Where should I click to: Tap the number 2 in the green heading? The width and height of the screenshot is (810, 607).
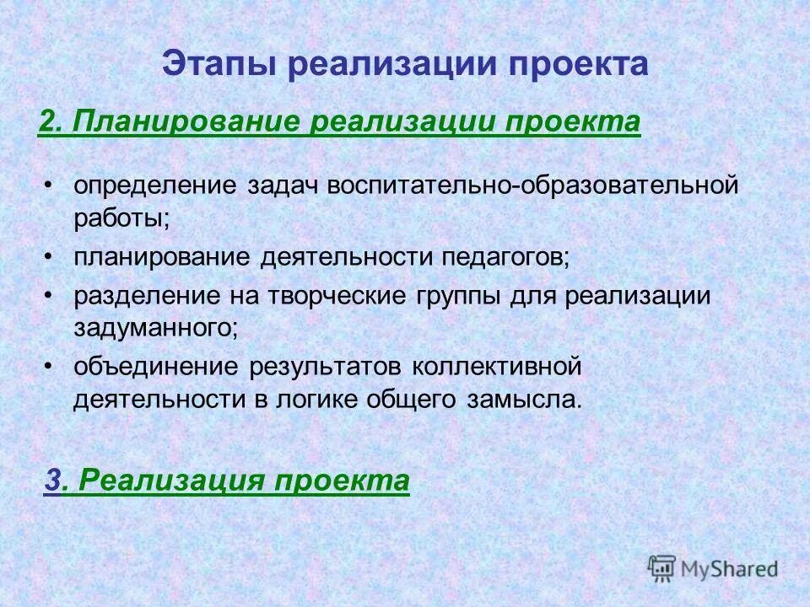click(47, 121)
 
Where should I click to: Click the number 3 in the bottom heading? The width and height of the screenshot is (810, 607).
click(52, 481)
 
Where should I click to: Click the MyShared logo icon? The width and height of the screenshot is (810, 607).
click(661, 568)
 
